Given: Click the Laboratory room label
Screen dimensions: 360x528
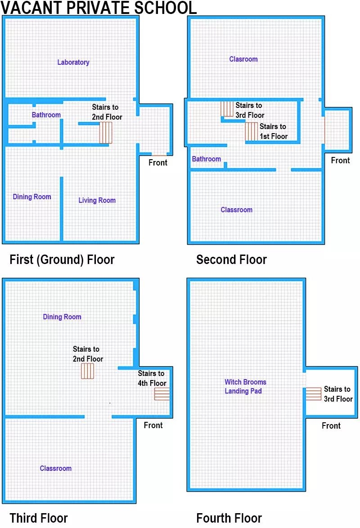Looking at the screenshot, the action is coord(73,63).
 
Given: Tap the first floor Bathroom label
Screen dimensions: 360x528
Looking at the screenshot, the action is coord(46,115).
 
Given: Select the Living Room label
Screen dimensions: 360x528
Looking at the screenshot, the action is coord(97,200).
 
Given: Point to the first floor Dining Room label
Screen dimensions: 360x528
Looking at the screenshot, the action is coord(32,197).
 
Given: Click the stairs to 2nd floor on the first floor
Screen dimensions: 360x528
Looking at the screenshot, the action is coord(105,133).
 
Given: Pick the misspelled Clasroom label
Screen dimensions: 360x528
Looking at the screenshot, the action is coord(243,59).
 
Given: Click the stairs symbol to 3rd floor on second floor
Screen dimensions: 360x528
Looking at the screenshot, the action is coord(227,109).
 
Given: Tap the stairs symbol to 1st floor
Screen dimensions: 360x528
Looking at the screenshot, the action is coord(251,131).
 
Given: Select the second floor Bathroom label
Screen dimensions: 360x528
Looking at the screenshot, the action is coord(206,159).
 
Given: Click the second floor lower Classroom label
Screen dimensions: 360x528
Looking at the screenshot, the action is coord(236,210).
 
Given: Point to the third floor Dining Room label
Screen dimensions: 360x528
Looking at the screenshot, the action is coord(62,317).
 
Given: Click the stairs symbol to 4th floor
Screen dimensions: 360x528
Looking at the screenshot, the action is coord(162,394).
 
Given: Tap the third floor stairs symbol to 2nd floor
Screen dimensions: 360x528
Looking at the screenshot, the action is coord(87,371).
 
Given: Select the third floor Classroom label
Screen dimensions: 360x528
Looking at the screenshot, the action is coord(56,468).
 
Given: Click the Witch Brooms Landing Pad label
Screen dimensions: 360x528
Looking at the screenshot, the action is coord(245,387).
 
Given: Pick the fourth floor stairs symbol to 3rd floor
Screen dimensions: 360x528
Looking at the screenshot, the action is coord(314,394).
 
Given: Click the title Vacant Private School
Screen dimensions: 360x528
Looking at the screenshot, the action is coord(99,8).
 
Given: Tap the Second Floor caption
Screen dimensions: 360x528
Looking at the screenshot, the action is coord(232,260).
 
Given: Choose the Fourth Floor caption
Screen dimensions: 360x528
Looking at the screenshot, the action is coord(229,518).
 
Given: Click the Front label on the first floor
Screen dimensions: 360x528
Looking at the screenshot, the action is coord(158,163).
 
